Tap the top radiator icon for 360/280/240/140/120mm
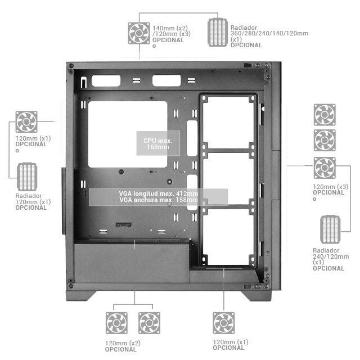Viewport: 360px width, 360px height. point(218,32)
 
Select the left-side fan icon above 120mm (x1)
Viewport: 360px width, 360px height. point(26,122)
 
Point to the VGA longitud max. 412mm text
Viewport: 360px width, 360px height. point(159,193)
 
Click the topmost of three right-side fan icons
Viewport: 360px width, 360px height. point(325,114)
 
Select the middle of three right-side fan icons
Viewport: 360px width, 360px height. point(325,141)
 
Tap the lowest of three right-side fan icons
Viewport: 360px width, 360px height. point(325,168)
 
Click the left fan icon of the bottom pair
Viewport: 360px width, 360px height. point(116,323)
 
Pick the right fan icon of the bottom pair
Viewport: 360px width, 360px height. point(149,323)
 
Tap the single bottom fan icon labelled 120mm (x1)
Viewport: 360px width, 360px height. point(223,323)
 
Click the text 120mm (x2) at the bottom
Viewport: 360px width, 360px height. point(123,343)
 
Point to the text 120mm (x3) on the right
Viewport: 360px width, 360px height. point(330,186)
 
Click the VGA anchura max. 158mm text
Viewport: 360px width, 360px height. point(159,200)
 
